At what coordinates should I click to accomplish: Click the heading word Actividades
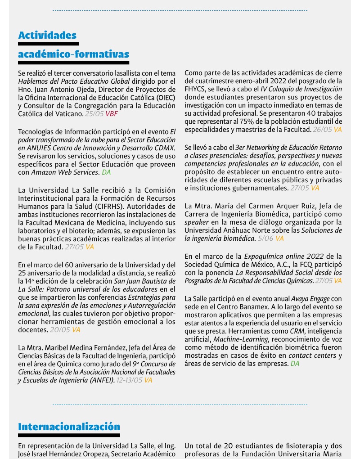pos(47,35)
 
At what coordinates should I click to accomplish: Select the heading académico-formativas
pos(73,54)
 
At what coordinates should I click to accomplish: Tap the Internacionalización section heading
pos(69,427)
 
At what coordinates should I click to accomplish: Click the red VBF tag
pos(112,114)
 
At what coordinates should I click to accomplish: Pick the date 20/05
pos(60,330)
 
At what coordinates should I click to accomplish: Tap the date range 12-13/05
pos(129,380)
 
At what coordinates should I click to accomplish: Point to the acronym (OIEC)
pos(166,98)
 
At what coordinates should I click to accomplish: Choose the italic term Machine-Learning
pos(234,339)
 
